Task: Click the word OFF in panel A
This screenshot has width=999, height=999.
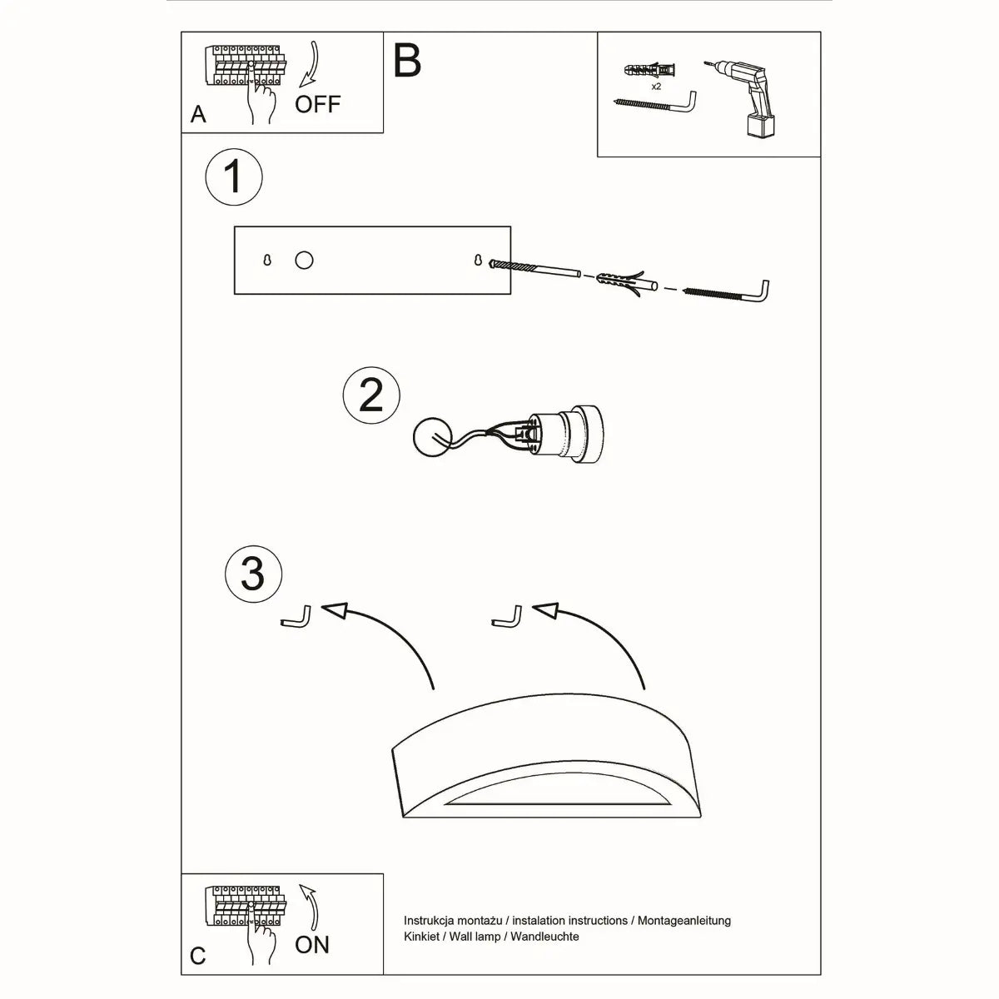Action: point(318,104)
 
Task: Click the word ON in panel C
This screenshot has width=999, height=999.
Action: point(312,945)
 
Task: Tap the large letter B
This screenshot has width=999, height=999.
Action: point(408,61)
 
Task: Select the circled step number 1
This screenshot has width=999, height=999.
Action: point(234,177)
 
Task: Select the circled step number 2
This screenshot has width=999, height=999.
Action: point(371,395)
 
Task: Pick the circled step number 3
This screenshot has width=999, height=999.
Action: point(253,574)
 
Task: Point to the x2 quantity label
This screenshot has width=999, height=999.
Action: point(657,86)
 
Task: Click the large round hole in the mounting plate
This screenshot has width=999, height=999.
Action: point(304,261)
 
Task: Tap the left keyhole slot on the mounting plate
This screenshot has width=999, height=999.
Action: point(267,261)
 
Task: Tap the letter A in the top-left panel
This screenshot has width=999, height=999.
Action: point(198,114)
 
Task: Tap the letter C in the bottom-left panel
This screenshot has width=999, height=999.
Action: point(197,956)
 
